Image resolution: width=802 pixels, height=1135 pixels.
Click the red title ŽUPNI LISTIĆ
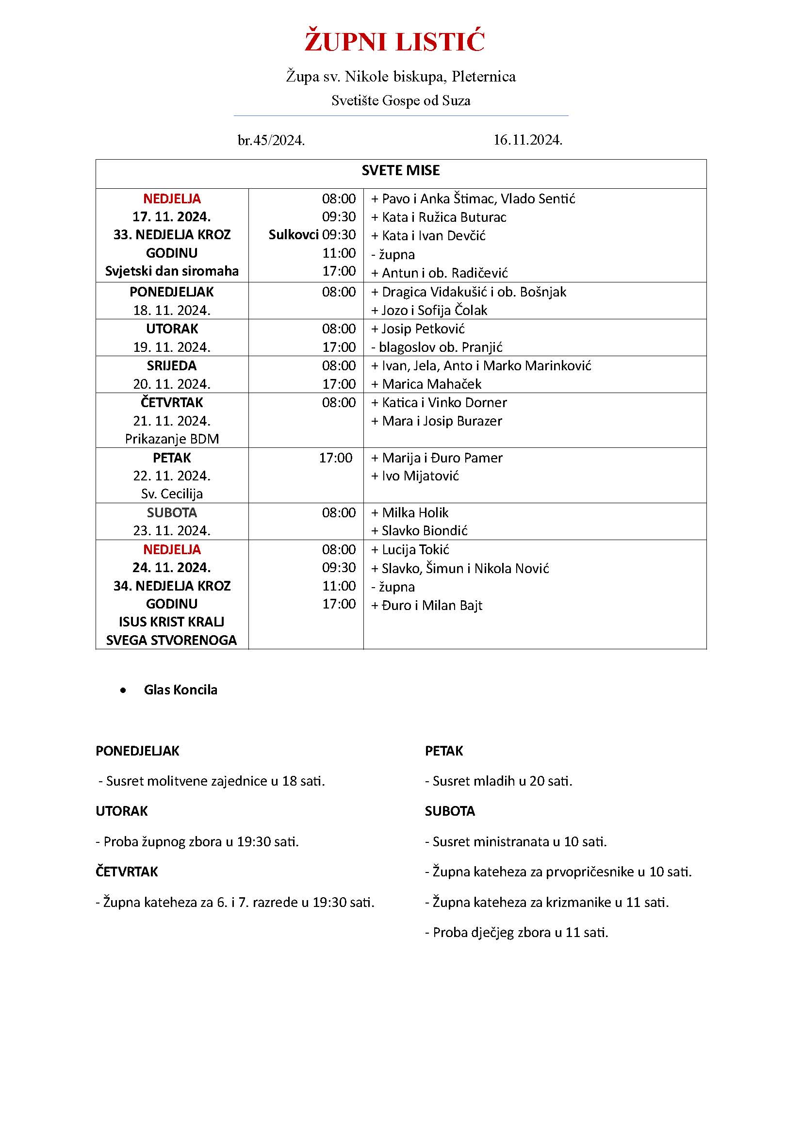click(x=394, y=42)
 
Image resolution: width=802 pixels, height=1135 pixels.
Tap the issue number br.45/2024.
click(x=271, y=141)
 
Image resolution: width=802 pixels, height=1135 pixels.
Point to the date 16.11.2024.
click(x=528, y=140)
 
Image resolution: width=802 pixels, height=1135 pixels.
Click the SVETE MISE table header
click(x=400, y=170)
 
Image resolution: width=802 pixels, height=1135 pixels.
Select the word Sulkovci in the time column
click(x=294, y=235)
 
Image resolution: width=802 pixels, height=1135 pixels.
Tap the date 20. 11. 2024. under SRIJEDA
click(x=171, y=384)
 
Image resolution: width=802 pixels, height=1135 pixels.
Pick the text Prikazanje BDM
click(x=171, y=439)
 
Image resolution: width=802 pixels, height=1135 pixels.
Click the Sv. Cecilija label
click(x=171, y=494)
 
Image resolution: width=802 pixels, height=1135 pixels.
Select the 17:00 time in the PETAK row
click(x=336, y=458)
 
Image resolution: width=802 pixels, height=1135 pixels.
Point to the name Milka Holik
click(x=415, y=512)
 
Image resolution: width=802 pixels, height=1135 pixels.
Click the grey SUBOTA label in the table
click(x=171, y=512)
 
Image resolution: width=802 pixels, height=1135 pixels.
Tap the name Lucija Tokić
click(x=415, y=550)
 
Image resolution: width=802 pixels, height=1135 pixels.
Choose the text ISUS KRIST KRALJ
click(x=171, y=622)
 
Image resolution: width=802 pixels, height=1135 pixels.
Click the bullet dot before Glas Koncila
click(x=123, y=691)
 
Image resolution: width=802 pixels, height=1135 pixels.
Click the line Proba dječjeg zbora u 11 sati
click(x=516, y=932)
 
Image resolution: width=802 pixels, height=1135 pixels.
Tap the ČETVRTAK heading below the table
click(x=127, y=872)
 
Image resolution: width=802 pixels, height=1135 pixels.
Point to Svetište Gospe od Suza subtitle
click(x=400, y=101)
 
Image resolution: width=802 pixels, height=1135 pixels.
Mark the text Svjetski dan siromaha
click(x=171, y=271)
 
